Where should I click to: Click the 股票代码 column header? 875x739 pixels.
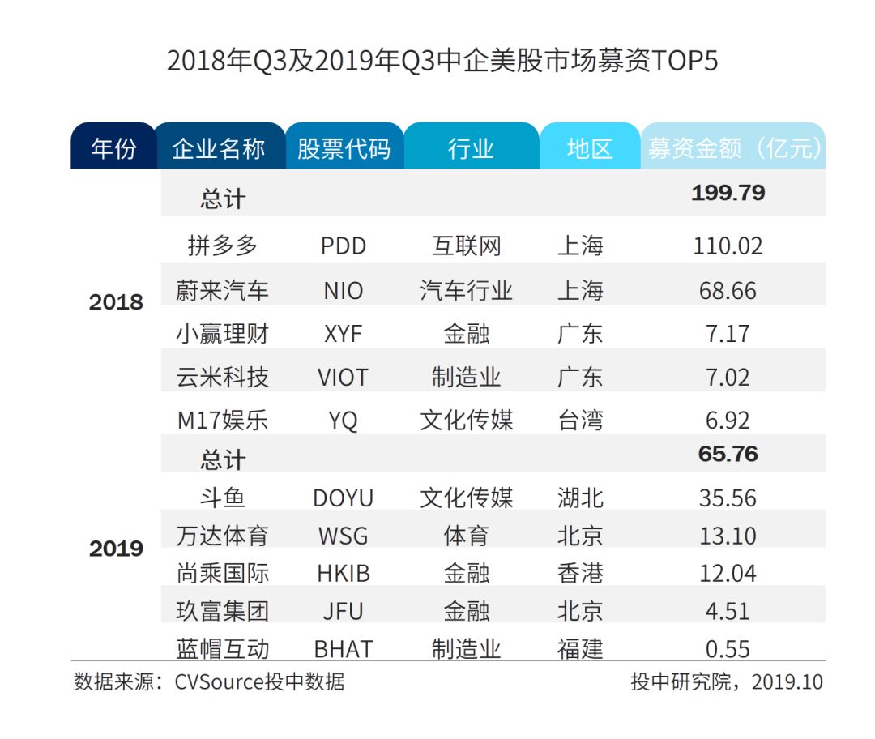pyautogui.click(x=344, y=148)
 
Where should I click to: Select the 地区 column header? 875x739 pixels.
pyautogui.click(x=590, y=148)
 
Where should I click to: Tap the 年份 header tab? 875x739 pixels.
pyautogui.click(x=113, y=148)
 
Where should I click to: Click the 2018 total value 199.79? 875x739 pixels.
pyautogui.click(x=728, y=193)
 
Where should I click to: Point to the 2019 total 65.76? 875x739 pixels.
pyautogui.click(x=728, y=454)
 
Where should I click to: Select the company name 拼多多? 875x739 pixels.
pyautogui.click(x=222, y=246)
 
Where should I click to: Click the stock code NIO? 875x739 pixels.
pyautogui.click(x=344, y=290)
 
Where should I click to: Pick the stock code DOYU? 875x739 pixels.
pyautogui.click(x=344, y=498)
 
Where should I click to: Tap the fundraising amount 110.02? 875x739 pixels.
pyautogui.click(x=728, y=246)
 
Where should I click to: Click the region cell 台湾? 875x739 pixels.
pyautogui.click(x=580, y=421)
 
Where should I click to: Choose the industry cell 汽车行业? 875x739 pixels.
pyautogui.click(x=466, y=290)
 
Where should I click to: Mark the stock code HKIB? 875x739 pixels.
pyautogui.click(x=344, y=574)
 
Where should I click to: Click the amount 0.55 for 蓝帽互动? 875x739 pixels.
pyautogui.click(x=728, y=649)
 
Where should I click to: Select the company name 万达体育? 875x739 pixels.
pyautogui.click(x=222, y=536)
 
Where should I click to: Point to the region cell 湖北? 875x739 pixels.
pyautogui.click(x=580, y=498)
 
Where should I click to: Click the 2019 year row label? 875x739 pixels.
pyautogui.click(x=116, y=549)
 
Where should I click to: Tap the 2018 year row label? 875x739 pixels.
pyautogui.click(x=116, y=302)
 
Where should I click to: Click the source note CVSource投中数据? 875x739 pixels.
pyautogui.click(x=259, y=681)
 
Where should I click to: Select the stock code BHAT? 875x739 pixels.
pyautogui.click(x=344, y=649)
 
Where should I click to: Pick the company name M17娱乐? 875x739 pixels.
pyautogui.click(x=222, y=421)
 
